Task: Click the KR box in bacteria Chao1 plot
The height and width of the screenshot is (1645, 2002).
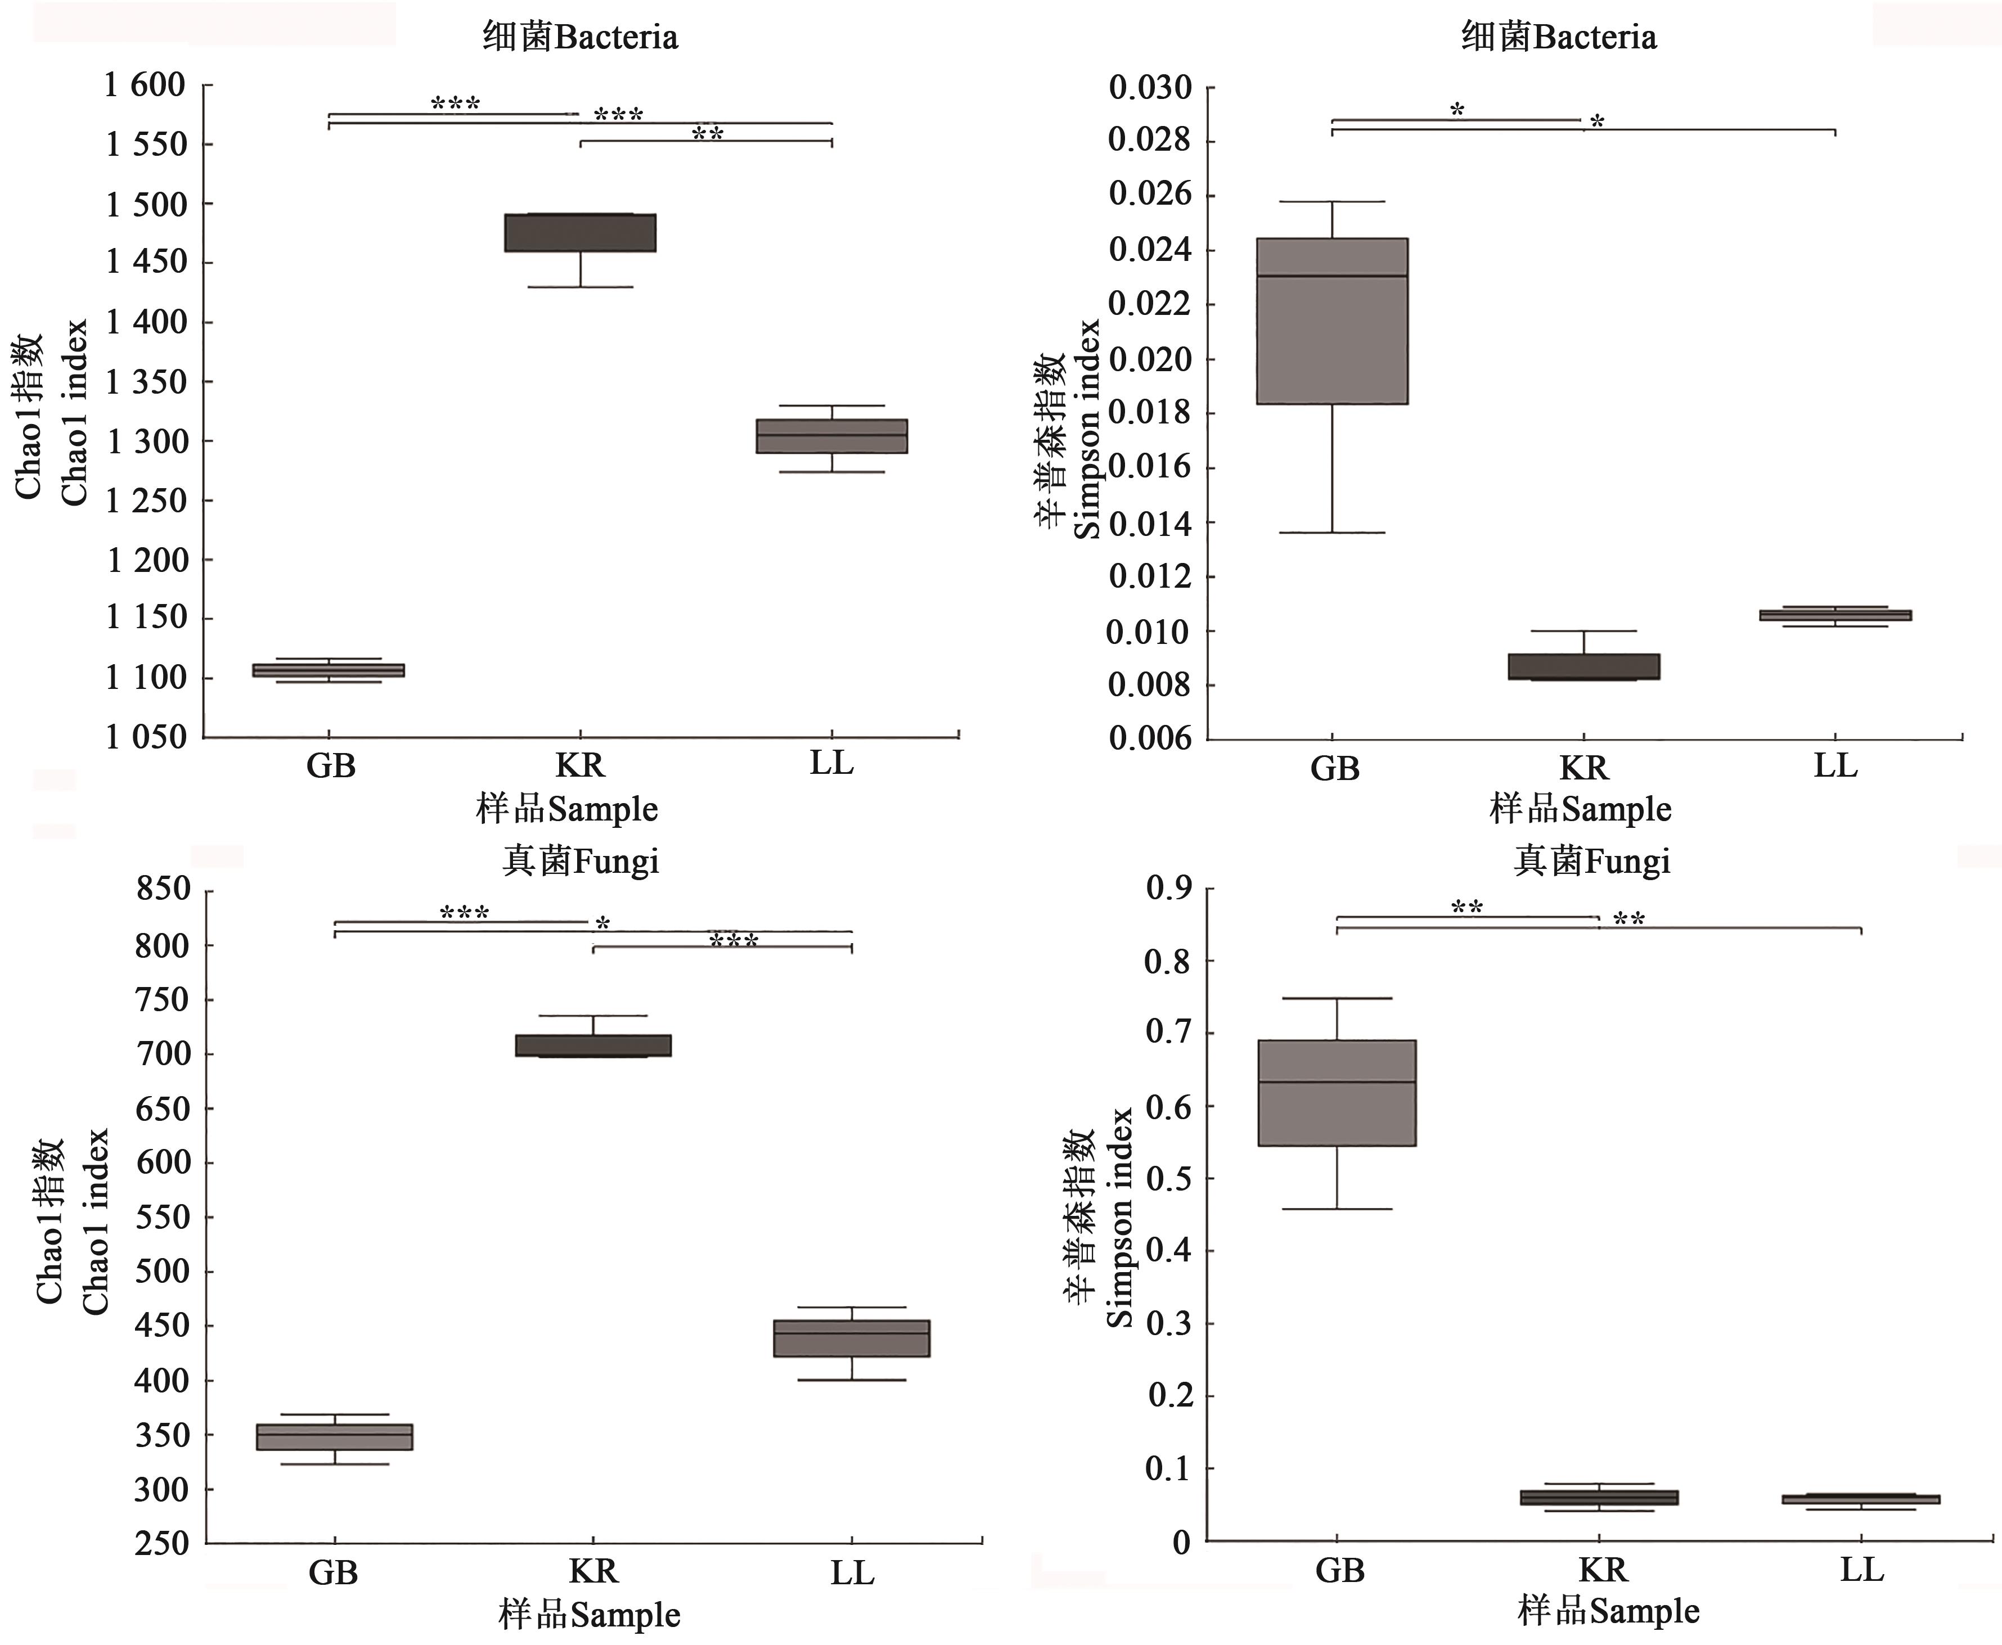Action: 580,233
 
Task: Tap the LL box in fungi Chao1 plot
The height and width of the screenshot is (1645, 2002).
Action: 851,1338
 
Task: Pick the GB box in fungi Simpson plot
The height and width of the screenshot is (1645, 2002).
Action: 1337,1093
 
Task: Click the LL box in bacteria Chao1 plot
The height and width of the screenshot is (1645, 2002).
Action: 831,436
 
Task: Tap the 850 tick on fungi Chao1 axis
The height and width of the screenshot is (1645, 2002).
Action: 163,889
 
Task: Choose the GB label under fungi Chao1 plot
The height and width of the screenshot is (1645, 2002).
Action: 334,1574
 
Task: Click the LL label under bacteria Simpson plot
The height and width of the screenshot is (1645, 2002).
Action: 1835,765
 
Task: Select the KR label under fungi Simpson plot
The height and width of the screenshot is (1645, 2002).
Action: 1602,1571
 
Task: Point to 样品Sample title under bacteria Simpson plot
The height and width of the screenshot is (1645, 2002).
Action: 1580,809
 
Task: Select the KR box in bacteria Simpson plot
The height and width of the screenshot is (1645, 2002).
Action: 1583,666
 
